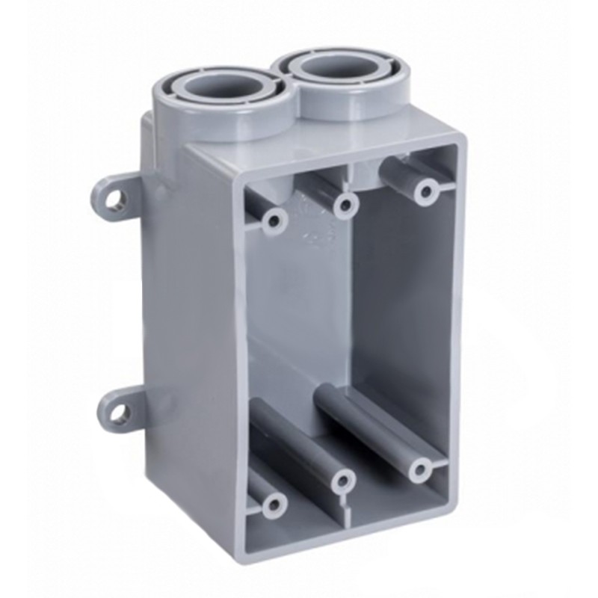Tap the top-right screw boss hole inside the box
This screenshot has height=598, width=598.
pos(427,191)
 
